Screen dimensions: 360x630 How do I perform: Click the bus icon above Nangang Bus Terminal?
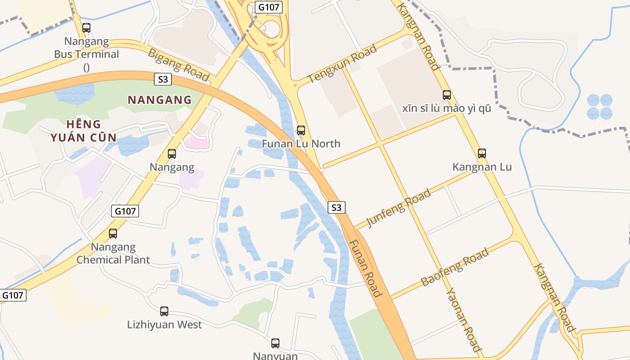click(86, 28)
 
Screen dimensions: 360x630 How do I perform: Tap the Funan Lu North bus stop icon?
click(301, 131)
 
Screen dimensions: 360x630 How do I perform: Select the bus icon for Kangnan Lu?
click(482, 153)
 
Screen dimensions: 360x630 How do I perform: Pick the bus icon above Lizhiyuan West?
click(164, 311)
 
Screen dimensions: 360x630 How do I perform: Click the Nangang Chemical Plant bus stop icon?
click(113, 234)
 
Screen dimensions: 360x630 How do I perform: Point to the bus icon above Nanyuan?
click(275, 343)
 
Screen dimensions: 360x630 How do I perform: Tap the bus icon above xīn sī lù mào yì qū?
click(447, 95)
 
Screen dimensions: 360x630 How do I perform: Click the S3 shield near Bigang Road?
click(163, 80)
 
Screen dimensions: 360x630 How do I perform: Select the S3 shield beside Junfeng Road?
click(337, 207)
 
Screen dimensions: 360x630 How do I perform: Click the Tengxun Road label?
click(342, 64)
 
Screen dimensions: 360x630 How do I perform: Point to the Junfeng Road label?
click(399, 208)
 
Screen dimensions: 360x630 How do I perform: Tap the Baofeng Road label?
click(454, 267)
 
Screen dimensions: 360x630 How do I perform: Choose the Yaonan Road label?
click(463, 319)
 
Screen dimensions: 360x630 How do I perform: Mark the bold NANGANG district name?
click(160, 100)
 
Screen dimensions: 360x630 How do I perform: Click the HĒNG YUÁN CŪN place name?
click(83, 131)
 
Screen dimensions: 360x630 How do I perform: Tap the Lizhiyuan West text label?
click(164, 324)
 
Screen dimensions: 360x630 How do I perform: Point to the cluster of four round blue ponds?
click(599, 107)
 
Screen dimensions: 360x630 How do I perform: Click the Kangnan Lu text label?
click(482, 167)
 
